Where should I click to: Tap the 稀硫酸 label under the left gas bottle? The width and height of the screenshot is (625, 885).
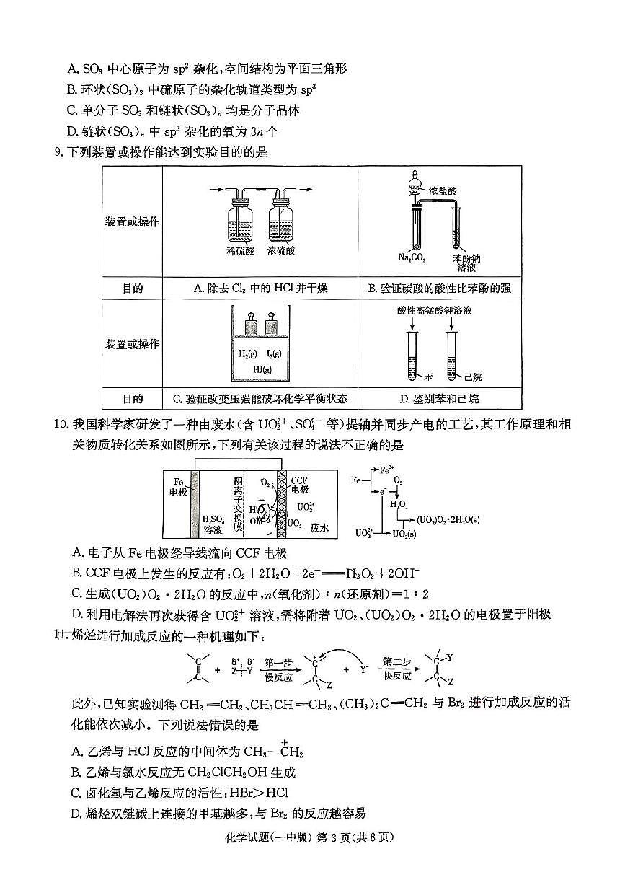[240, 251]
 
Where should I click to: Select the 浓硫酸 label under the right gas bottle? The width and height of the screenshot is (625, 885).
[280, 251]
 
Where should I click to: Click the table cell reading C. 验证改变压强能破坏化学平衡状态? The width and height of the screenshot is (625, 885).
[260, 398]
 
